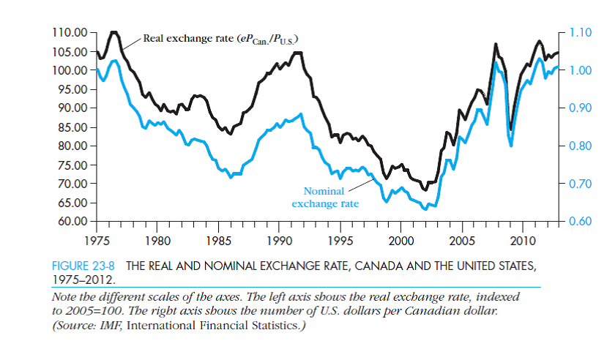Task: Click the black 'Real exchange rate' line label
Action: (x=221, y=38)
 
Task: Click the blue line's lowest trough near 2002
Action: (x=425, y=209)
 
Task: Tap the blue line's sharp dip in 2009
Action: (x=510, y=146)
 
